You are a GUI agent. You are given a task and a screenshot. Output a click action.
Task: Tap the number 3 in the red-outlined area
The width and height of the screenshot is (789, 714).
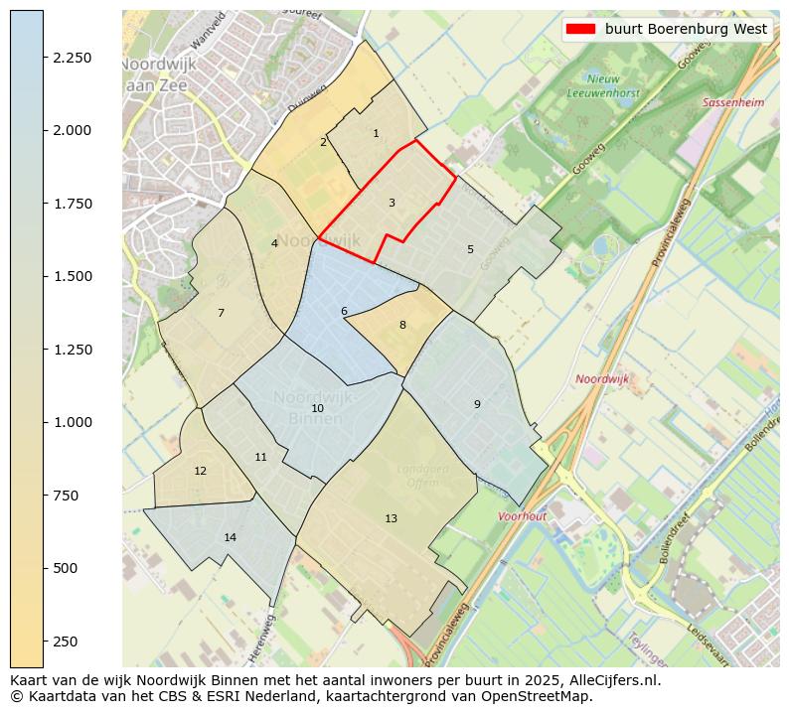click(x=392, y=204)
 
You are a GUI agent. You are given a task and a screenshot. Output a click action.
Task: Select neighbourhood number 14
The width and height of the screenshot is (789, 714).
click(x=231, y=537)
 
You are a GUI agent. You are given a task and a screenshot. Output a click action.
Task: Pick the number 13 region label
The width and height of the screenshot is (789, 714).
click(x=391, y=518)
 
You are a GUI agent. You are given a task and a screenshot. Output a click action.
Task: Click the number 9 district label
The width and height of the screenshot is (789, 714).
click(x=477, y=404)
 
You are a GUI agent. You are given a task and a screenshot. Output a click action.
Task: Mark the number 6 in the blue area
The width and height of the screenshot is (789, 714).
click(x=344, y=311)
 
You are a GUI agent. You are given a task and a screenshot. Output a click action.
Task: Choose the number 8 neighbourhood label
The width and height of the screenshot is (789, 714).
click(x=402, y=325)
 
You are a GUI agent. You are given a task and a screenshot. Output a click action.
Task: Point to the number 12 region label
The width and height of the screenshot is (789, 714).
click(x=201, y=471)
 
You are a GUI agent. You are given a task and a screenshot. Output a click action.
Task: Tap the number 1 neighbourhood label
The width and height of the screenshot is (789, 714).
click(x=376, y=133)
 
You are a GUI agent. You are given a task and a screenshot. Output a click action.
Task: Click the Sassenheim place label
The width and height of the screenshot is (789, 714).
click(x=733, y=102)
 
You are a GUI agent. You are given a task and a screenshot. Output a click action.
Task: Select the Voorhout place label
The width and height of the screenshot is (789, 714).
click(x=523, y=516)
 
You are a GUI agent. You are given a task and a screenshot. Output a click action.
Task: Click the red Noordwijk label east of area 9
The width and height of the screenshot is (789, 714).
click(x=602, y=379)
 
